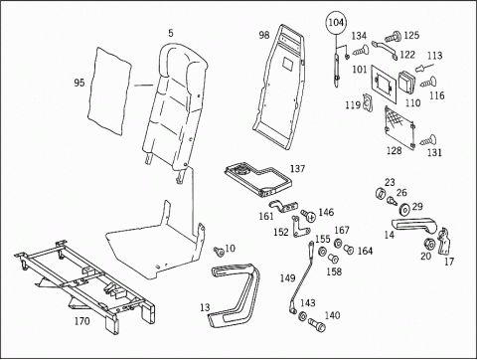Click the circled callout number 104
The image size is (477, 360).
[336, 23]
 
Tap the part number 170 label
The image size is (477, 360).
[81, 321]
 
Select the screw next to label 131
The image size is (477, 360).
[428, 140]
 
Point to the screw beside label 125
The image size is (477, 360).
[393, 36]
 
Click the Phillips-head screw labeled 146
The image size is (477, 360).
[309, 216]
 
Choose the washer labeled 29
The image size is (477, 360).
[404, 209]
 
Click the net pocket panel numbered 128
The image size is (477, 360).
[400, 126]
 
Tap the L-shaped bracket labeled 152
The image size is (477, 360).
[300, 228]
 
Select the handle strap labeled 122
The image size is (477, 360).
[385, 49]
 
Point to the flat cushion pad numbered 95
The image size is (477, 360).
[109, 90]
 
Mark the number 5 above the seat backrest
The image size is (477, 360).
[171, 33]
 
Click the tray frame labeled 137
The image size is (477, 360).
[258, 179]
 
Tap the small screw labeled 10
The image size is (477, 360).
[219, 252]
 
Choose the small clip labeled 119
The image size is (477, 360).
[368, 102]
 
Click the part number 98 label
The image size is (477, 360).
[264, 35]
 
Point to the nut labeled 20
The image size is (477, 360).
[429, 245]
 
